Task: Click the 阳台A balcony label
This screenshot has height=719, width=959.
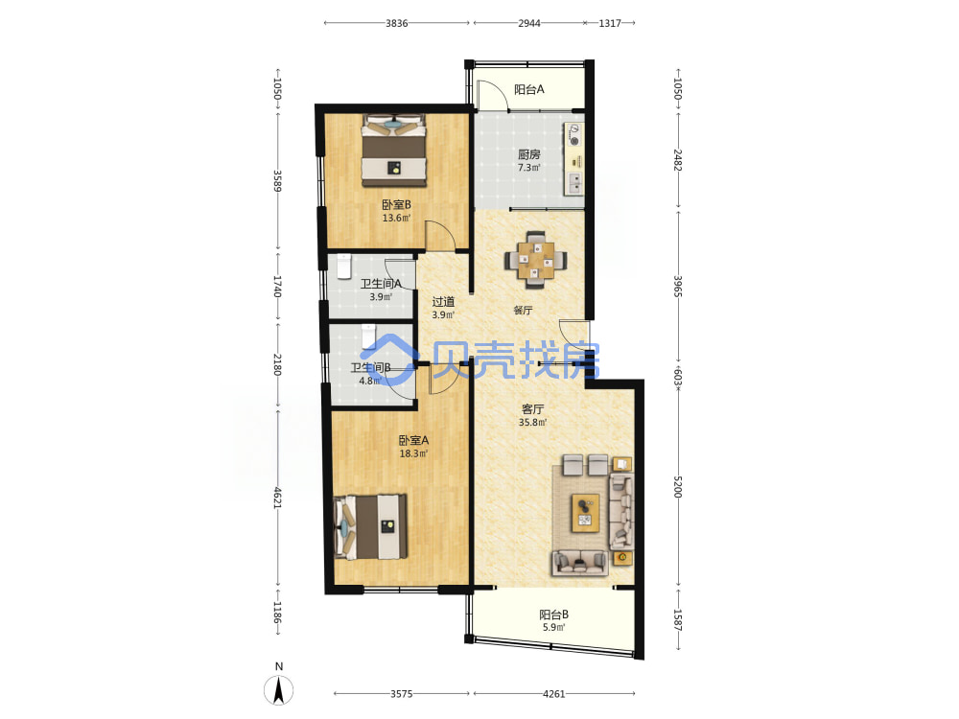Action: (x=529, y=89)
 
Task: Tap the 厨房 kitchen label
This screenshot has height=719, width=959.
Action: (x=529, y=154)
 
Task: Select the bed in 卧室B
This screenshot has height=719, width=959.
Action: (x=394, y=151)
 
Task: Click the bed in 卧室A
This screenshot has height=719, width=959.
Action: (x=370, y=526)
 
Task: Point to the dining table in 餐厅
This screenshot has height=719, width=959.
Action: (x=536, y=260)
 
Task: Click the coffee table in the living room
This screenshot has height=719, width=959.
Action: (x=585, y=513)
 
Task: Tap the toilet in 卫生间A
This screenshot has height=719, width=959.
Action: (x=344, y=266)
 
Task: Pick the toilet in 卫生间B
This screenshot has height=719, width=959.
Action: (x=368, y=336)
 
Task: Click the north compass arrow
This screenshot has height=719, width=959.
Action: (x=279, y=689)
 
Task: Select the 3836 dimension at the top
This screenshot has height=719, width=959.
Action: (x=396, y=23)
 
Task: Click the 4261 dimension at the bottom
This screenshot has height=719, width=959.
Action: (x=554, y=694)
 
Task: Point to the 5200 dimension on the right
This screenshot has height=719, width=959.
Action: (x=678, y=487)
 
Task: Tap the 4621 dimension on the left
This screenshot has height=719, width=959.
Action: (x=277, y=498)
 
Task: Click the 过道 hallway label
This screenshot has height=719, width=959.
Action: (x=443, y=301)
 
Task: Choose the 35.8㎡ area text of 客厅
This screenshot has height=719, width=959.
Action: (x=532, y=423)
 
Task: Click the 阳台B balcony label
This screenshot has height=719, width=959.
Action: (x=554, y=615)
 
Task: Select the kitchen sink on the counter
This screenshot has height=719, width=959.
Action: (x=574, y=183)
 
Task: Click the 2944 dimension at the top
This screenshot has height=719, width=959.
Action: (x=529, y=23)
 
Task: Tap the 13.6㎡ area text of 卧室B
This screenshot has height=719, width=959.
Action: (x=396, y=219)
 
